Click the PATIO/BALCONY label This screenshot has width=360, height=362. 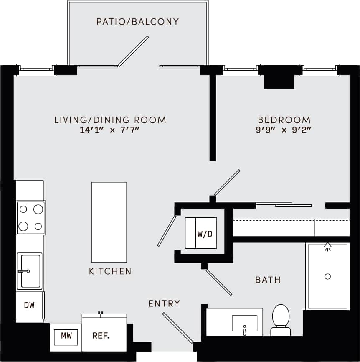(x=137, y=21)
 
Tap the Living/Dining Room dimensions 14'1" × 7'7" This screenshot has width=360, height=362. (x=109, y=130)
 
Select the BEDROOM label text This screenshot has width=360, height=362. (x=284, y=120)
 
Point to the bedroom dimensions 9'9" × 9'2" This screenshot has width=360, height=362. (x=284, y=130)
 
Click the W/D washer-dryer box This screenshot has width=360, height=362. (x=201, y=233)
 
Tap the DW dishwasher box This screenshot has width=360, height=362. (x=29, y=305)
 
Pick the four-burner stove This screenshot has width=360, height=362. (x=30, y=217)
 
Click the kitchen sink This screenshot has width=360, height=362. (x=30, y=271)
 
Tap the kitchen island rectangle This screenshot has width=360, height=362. (x=109, y=222)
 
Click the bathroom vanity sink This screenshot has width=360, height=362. (x=244, y=324)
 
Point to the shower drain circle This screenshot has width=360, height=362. (x=327, y=276)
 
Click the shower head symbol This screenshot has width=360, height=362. (x=327, y=246)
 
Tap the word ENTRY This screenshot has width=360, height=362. (x=164, y=303)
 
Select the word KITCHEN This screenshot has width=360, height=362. (x=110, y=271)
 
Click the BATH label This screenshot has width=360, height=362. (x=268, y=280)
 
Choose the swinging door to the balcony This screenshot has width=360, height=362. (x=133, y=51)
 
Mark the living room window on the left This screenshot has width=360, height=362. (x=36, y=70)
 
